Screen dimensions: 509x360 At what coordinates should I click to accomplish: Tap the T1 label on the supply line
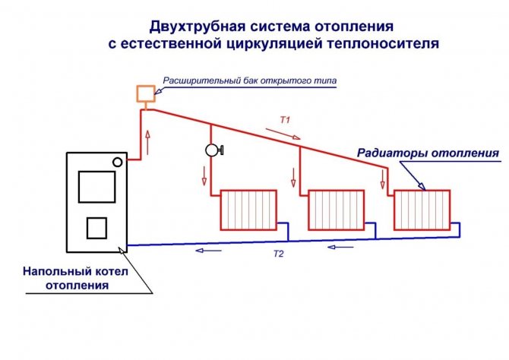(x=285, y=120)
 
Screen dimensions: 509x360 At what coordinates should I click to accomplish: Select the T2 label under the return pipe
(x=279, y=254)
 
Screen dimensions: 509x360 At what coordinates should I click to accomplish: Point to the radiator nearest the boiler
(x=248, y=210)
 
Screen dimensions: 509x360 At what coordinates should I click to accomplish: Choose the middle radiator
(x=336, y=210)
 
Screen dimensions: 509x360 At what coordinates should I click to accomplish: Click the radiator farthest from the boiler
(x=422, y=210)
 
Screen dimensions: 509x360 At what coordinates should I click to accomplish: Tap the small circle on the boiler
(x=118, y=162)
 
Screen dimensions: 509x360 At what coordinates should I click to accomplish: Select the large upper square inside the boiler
(x=96, y=187)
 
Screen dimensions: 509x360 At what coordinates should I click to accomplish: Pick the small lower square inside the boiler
(x=96, y=228)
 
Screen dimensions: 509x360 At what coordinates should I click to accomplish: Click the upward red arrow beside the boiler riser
(x=148, y=142)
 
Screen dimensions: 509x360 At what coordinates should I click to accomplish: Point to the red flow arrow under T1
(x=283, y=134)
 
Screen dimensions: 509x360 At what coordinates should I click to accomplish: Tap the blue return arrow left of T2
(x=208, y=251)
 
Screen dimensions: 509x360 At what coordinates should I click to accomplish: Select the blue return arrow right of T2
(x=340, y=248)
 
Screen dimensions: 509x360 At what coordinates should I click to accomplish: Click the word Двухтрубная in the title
(x=198, y=27)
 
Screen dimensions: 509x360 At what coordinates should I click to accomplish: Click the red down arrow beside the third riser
(x=383, y=179)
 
